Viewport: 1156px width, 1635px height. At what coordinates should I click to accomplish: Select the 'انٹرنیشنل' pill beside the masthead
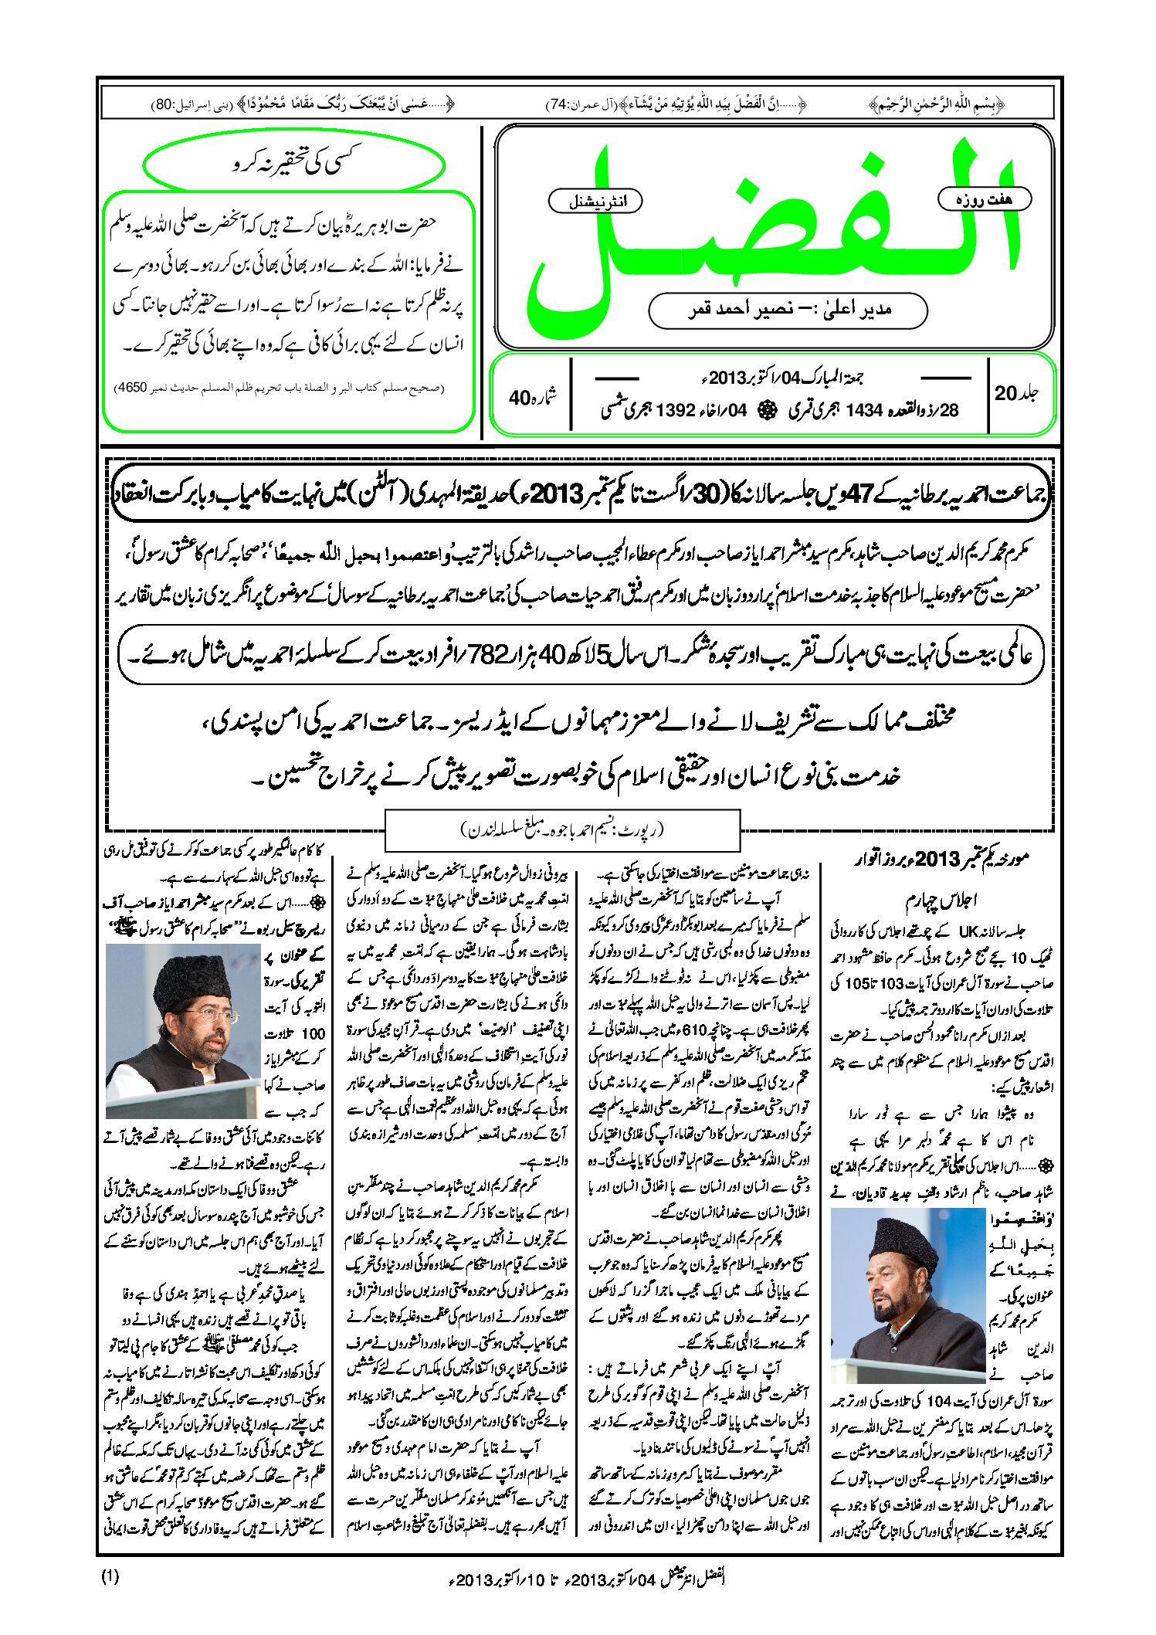tap(595, 202)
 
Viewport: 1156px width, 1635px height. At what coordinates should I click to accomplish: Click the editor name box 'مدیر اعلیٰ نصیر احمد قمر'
tap(788, 310)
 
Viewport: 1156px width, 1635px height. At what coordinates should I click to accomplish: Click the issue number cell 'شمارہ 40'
tap(532, 397)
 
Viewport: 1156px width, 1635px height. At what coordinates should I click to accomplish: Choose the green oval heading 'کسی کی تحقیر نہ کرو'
tap(294, 164)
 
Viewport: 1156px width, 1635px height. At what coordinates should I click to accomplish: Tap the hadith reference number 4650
tap(130, 388)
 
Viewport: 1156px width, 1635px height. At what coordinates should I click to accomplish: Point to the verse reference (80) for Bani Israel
tap(164, 104)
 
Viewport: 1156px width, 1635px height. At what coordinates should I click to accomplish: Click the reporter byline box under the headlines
tap(562, 830)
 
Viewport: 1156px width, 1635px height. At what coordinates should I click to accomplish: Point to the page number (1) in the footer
tap(110, 1576)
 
